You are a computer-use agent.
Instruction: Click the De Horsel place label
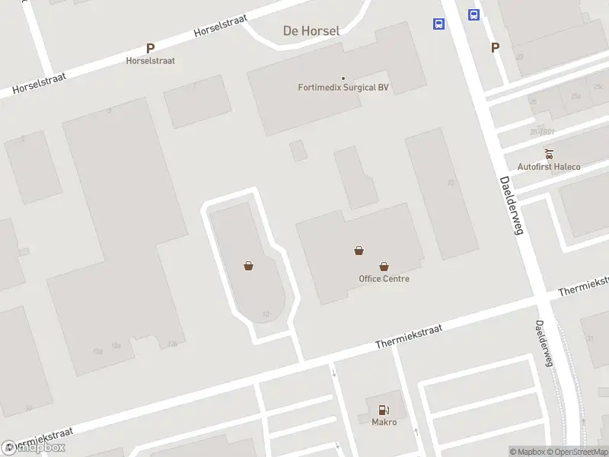coord(311,31)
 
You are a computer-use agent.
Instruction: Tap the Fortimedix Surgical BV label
coord(343,88)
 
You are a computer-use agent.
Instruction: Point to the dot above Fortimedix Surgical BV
coord(343,78)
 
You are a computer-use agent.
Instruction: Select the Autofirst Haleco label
coord(548,167)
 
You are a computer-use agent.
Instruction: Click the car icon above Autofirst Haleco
coord(548,154)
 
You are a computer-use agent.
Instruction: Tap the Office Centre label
coord(384,279)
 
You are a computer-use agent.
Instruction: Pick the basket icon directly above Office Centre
coord(384,267)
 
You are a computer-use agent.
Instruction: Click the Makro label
coord(384,422)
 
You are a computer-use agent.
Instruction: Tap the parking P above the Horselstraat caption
coord(150,48)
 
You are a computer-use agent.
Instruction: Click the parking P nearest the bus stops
coord(495,47)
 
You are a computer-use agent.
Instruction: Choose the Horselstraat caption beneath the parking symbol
coord(150,60)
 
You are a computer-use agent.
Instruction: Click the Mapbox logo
coord(33,448)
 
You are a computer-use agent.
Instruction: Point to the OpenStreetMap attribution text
coord(576,452)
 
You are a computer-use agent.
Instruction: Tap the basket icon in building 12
coord(248,266)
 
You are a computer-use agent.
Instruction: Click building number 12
coord(265,314)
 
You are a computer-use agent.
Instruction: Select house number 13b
coord(174,345)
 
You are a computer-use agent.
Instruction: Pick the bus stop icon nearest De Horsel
coord(439,24)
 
